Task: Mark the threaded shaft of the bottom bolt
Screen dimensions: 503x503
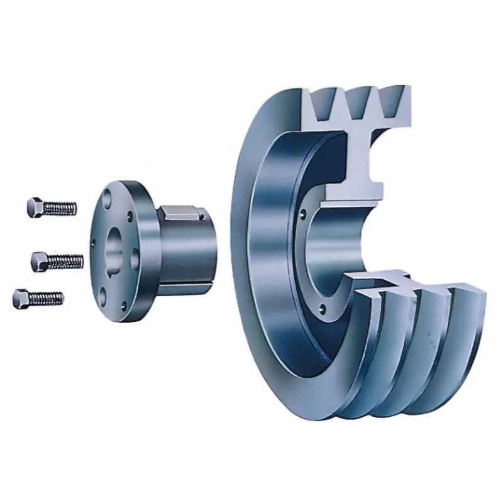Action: pyautogui.click(x=47, y=297)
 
